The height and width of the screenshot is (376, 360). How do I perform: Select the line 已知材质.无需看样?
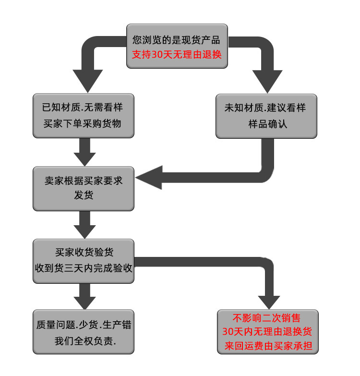click(x=83, y=108)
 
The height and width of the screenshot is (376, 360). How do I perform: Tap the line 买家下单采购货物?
click(x=83, y=123)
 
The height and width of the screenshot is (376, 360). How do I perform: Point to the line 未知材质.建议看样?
click(x=265, y=108)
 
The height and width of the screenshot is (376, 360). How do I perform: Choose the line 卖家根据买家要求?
click(x=84, y=181)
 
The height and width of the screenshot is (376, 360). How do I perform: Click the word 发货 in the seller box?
click(x=84, y=195)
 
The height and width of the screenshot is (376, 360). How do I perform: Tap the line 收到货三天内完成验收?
click(x=84, y=267)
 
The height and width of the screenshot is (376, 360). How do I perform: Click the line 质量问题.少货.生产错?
click(x=84, y=325)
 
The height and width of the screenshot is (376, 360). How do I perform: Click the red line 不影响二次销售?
click(x=267, y=318)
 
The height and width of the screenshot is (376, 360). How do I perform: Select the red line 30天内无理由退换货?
click(x=268, y=332)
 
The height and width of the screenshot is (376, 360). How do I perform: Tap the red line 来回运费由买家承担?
click(x=268, y=346)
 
